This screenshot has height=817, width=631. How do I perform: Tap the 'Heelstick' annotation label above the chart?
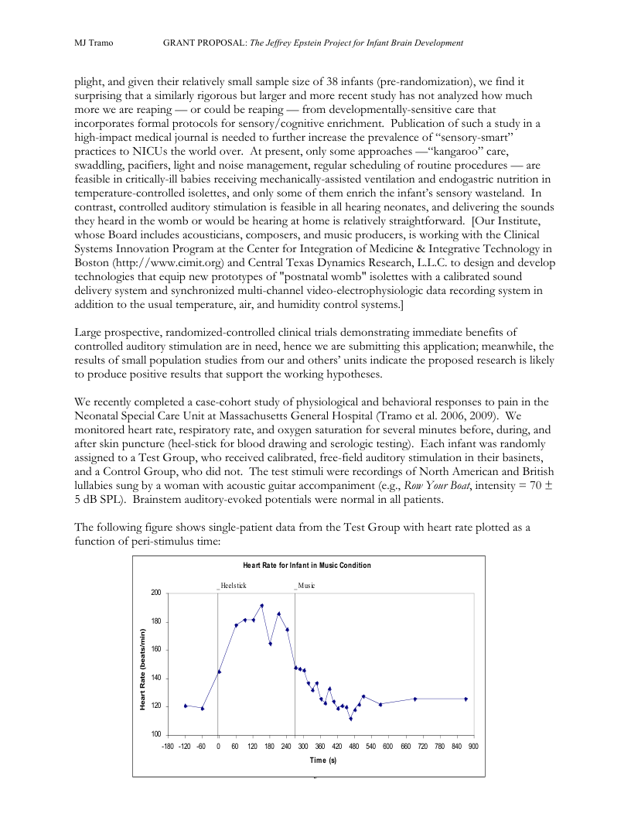[x=233, y=586]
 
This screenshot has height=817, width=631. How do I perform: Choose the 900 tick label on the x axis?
[x=472, y=747]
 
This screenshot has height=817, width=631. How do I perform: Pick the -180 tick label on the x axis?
[x=167, y=747]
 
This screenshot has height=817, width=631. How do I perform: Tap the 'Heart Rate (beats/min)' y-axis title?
[x=143, y=670]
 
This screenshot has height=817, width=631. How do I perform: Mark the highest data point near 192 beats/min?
[x=262, y=606]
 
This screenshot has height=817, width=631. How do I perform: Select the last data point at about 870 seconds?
[x=466, y=699]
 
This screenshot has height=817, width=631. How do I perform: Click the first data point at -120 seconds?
[x=186, y=706]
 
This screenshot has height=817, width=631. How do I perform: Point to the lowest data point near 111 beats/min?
[x=350, y=719]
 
